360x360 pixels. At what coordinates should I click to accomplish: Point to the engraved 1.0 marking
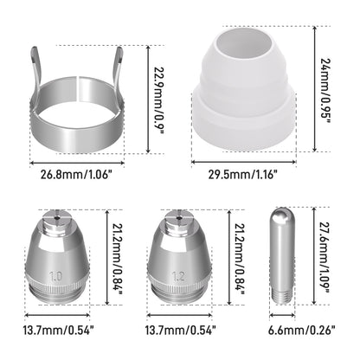tap(55, 280)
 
